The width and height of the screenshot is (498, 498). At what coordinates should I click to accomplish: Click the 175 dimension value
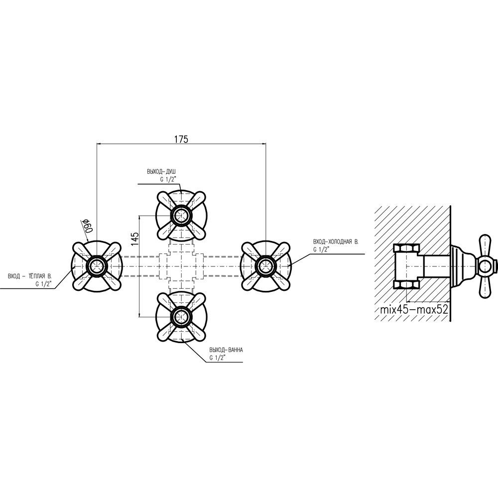[181, 139]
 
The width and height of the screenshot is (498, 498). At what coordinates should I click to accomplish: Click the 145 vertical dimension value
[134, 239]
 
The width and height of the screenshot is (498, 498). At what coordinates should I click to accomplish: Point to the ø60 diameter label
[85, 226]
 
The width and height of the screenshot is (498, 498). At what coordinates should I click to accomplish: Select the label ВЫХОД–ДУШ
[161, 172]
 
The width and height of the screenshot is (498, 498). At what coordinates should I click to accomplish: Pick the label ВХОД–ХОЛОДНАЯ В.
[336, 241]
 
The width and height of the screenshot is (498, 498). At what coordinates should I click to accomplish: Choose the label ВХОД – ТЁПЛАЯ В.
[30, 275]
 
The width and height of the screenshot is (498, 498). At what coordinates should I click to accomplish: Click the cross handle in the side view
[485, 265]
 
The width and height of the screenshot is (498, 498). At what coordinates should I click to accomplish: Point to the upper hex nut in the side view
[406, 249]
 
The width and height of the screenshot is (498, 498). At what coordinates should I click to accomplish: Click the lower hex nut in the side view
[406, 284]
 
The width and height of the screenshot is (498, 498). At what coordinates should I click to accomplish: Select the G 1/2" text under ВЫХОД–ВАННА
[218, 358]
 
